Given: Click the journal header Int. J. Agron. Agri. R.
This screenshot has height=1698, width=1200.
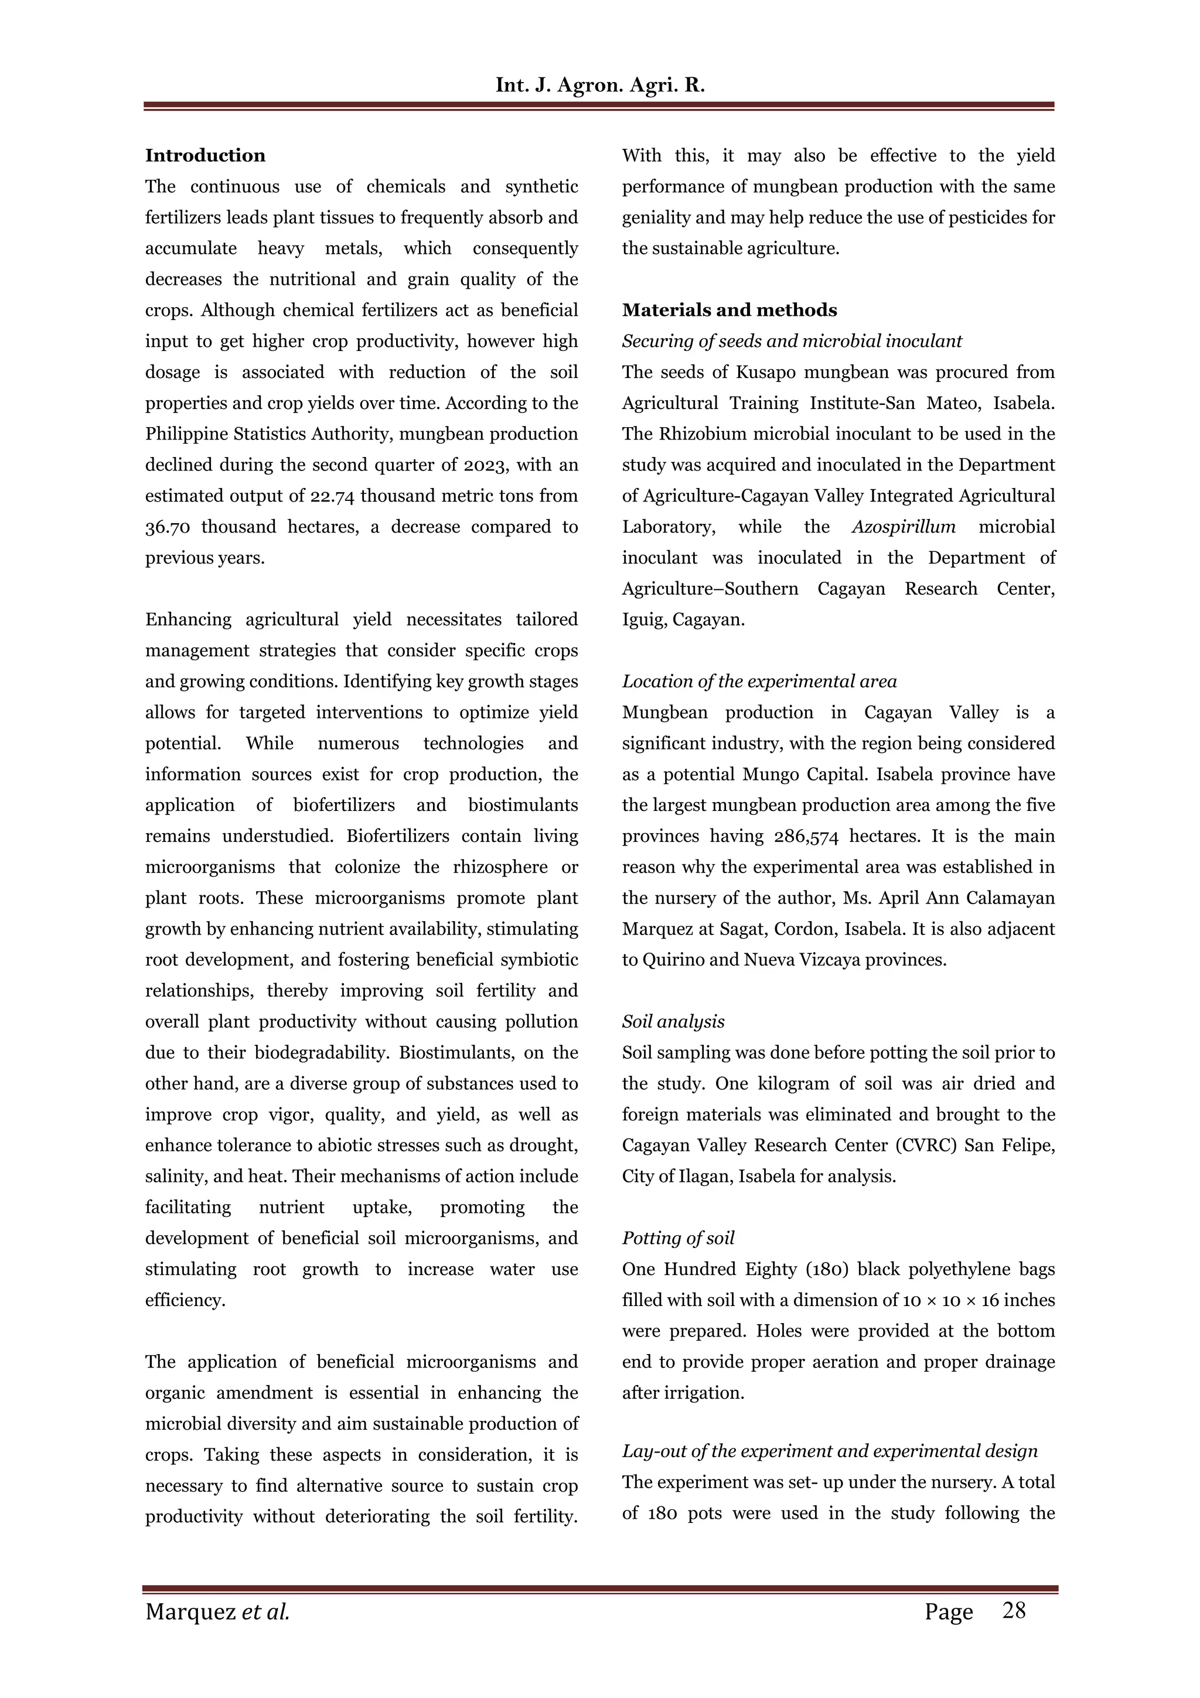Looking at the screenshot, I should click(599, 85).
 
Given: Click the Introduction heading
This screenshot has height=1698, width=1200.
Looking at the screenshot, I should click(205, 155).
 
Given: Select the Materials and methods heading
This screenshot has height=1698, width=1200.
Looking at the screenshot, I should click(729, 310).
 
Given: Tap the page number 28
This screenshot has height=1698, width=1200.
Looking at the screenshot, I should click(1014, 1610).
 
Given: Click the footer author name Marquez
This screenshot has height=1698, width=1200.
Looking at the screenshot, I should click(189, 1611).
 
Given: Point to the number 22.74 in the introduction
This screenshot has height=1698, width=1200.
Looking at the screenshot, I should click(332, 496).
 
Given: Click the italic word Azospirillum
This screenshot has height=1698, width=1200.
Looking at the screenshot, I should click(903, 527).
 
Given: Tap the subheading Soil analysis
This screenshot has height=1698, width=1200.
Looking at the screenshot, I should click(673, 1021).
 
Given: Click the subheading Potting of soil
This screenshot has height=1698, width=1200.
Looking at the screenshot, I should click(678, 1238).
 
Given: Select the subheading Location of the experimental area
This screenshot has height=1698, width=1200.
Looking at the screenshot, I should click(759, 681).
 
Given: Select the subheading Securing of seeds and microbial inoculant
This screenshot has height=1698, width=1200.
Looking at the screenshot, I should click(791, 341).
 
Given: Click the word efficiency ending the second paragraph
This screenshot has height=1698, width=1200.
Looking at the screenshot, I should click(185, 1300).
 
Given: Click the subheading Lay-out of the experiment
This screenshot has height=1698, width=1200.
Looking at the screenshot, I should click(829, 1451).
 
